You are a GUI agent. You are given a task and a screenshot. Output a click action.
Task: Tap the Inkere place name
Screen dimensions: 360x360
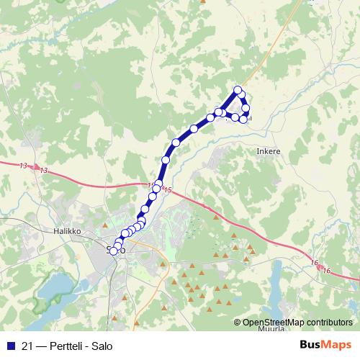pos(267,152)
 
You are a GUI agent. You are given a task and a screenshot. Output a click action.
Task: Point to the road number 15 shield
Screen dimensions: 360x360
pos(167,189)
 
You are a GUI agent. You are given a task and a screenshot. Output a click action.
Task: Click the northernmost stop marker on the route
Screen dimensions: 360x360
pos(238,89)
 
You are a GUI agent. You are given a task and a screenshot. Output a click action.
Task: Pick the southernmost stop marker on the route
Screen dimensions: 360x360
pos(113,251)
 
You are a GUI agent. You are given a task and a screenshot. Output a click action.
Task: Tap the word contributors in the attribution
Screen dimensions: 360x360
pos(328,323)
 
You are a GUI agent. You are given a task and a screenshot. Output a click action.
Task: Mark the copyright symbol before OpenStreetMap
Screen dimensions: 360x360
pos(237,323)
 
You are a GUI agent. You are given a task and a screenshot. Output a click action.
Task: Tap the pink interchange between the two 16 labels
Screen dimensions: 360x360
pos(320,266)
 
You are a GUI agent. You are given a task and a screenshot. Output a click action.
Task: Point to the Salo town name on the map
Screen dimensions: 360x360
pos(116,250)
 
